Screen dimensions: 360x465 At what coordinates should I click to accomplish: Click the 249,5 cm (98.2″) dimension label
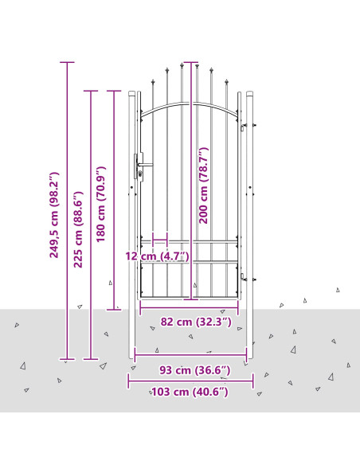pos(54,215)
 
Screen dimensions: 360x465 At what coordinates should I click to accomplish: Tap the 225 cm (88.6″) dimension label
pos(78,229)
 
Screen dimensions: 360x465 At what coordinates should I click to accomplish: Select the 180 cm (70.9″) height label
pos(101,205)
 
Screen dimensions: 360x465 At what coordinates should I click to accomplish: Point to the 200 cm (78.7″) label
pos(203,186)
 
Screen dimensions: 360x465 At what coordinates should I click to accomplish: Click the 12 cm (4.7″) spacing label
pos(157,256)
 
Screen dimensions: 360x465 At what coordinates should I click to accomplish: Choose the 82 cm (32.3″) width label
pos(196,322)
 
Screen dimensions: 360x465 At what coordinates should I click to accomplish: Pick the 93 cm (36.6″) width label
pos(195,370)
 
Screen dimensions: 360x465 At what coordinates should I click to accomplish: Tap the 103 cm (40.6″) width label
pos(190,392)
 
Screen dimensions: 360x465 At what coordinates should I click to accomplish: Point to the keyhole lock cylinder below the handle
pos(140,174)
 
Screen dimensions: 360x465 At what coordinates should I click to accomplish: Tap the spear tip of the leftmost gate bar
pos(153,81)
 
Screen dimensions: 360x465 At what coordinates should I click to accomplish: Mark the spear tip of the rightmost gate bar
pos(227,81)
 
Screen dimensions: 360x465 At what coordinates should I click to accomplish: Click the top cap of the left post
pos(131,93)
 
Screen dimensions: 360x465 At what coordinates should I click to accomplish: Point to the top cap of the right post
pos(249,93)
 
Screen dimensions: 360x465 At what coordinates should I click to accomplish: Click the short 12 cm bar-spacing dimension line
pos(160,240)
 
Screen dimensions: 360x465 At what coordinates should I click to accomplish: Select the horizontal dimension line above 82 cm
pos(189,308)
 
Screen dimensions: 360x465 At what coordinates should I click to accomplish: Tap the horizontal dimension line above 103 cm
pos(190,381)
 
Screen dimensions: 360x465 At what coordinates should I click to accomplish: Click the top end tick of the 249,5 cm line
pos(67,62)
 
